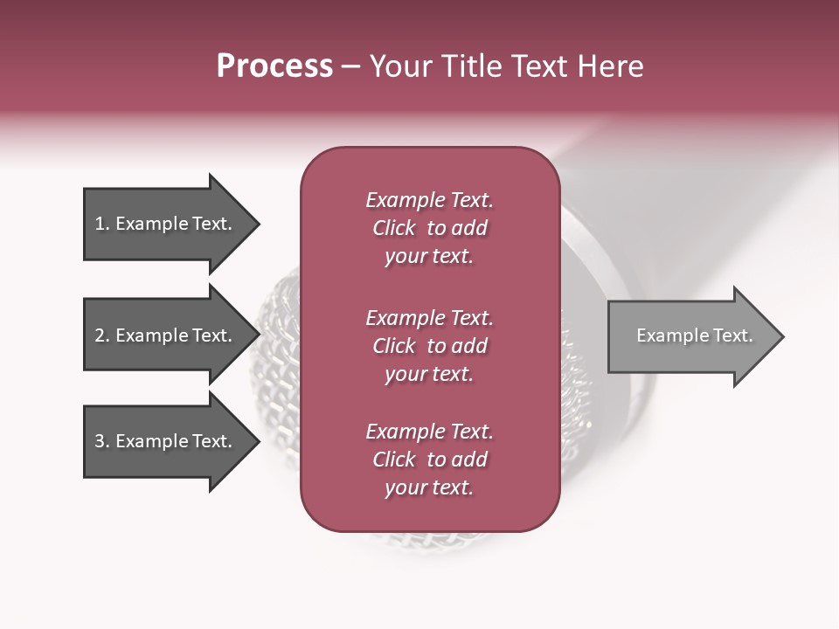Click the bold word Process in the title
tap(274, 66)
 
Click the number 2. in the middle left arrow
tap(102, 335)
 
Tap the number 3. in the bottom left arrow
tap(102, 441)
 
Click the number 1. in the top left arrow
tap(101, 224)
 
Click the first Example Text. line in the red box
tap(429, 200)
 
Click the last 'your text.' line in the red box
tap(429, 487)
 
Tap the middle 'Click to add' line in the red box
tap(429, 346)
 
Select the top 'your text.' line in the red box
tap(429, 256)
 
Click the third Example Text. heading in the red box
tap(429, 432)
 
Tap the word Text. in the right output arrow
tap(732, 335)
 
